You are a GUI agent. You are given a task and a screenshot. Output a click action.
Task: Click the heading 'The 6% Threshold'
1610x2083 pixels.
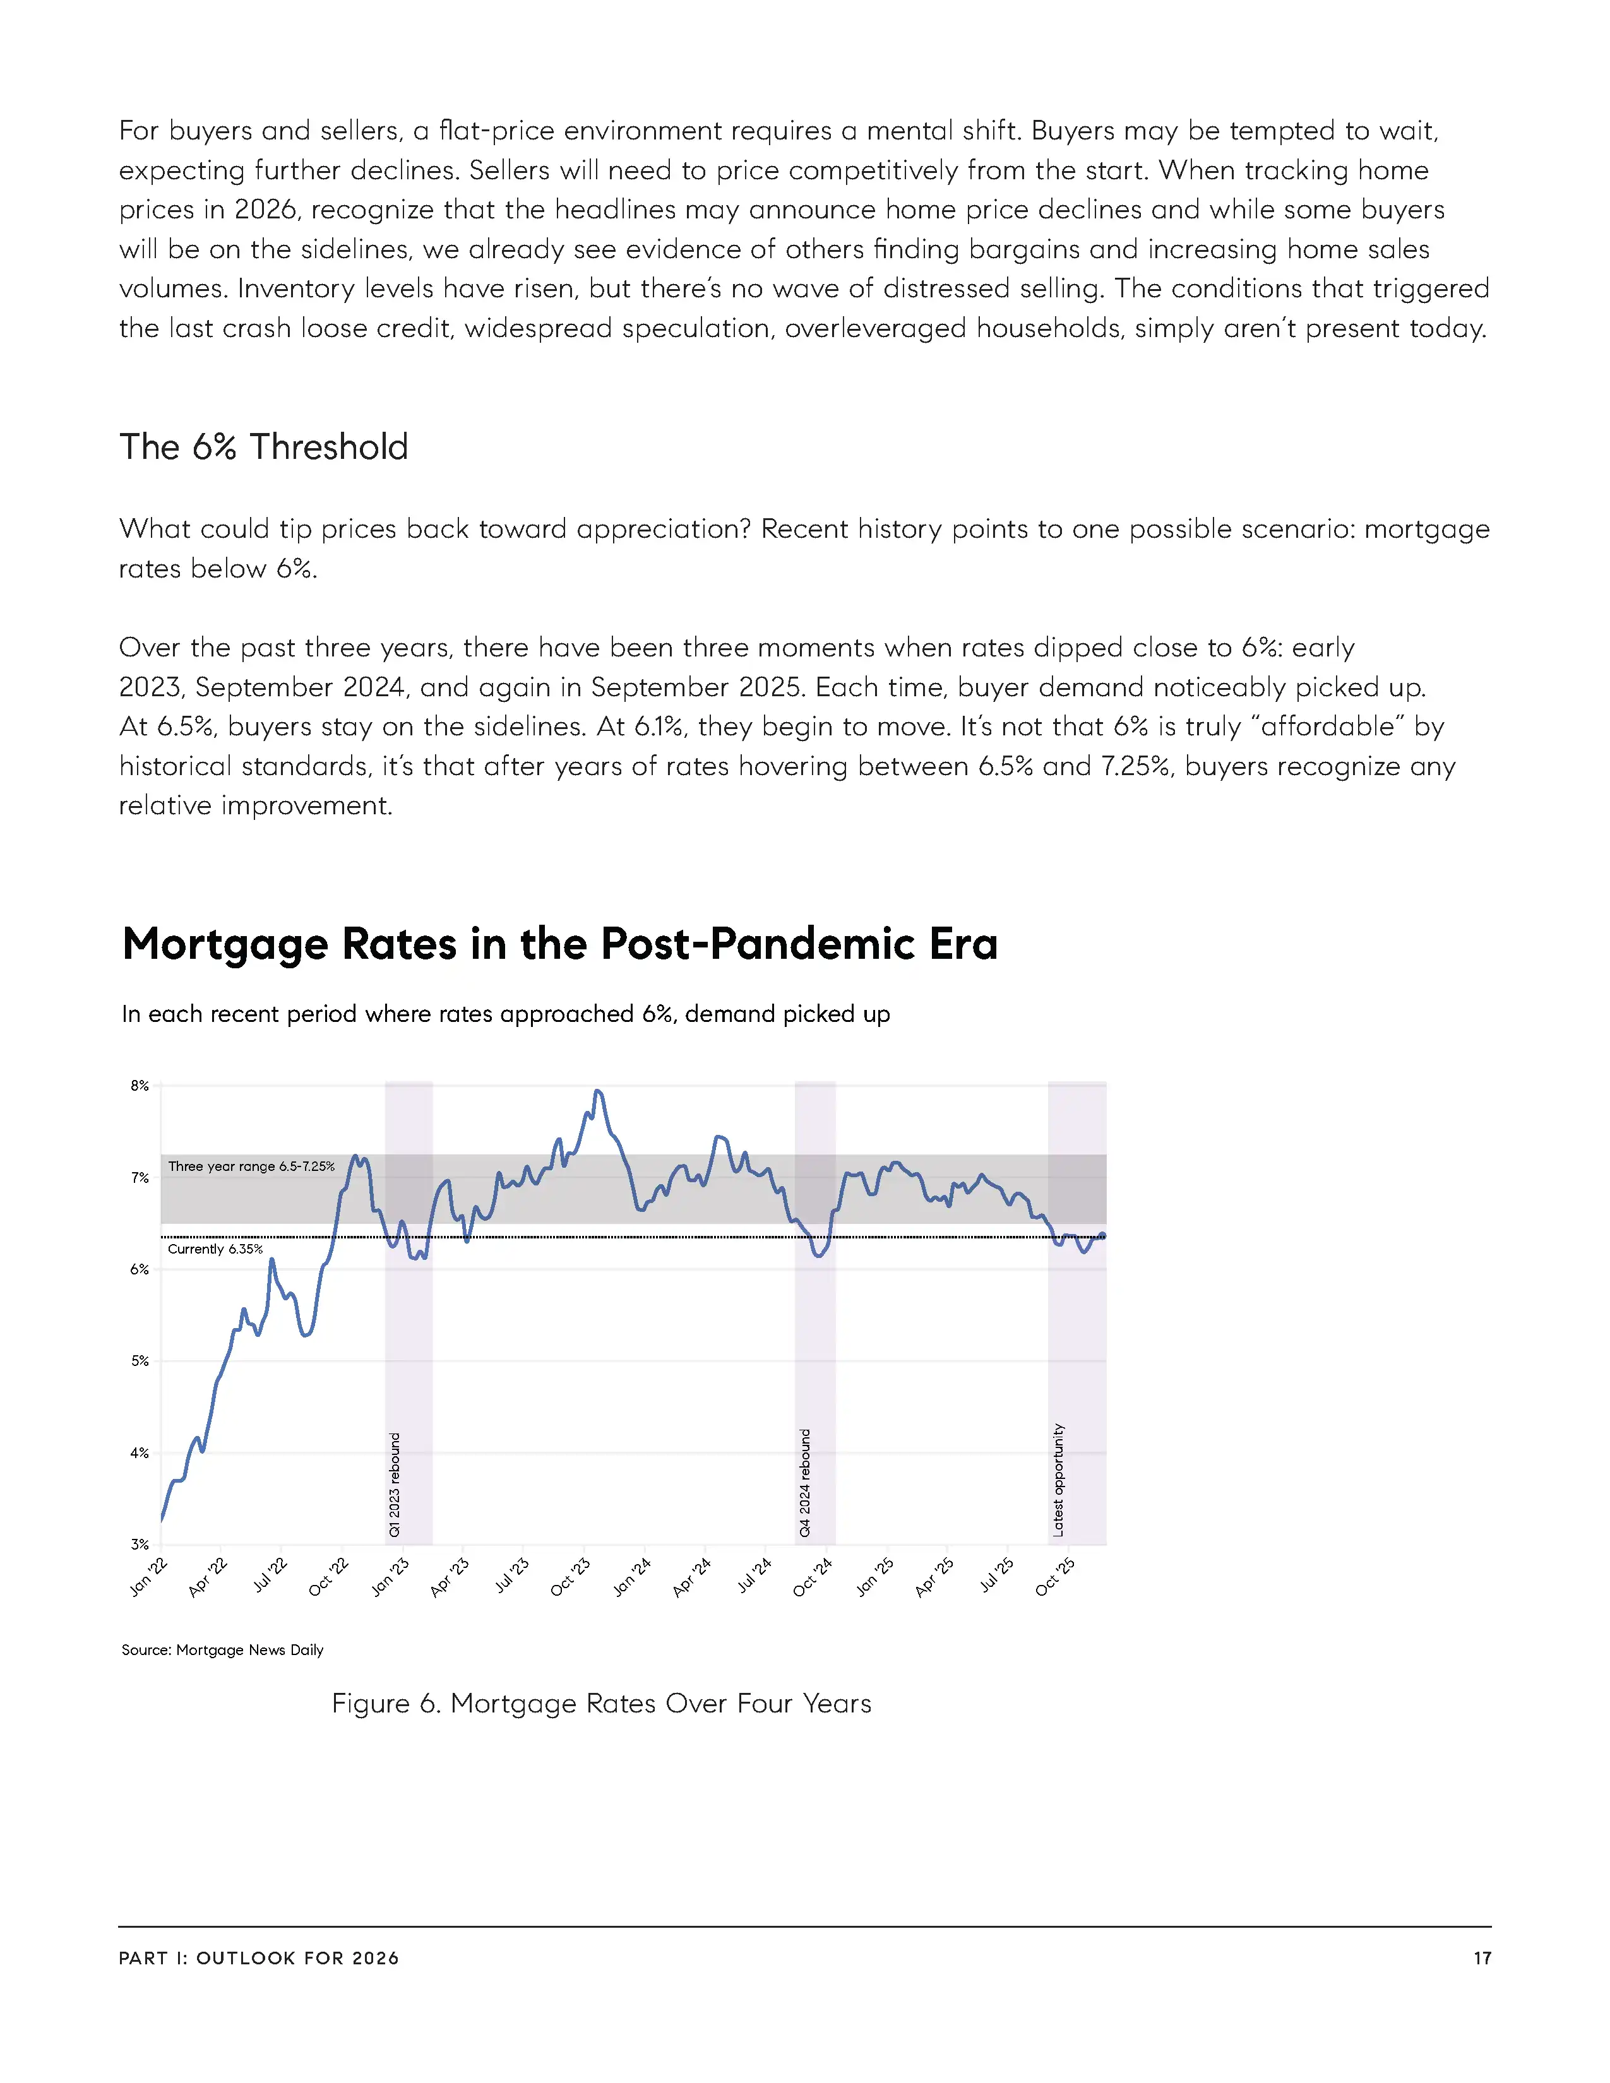[x=263, y=448]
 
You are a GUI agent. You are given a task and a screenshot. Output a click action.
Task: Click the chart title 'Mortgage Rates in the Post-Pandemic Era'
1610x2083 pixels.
[x=560, y=944]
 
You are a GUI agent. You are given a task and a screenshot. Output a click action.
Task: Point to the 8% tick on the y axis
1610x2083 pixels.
[x=140, y=1086]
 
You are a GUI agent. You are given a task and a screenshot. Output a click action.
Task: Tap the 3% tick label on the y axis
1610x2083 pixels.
[x=140, y=1544]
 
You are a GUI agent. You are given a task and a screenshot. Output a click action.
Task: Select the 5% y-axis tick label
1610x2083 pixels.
[x=140, y=1361]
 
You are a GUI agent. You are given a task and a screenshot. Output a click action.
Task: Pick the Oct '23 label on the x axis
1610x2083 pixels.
[x=570, y=1577]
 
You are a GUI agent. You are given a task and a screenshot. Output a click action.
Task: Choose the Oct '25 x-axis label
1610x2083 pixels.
[x=1055, y=1577]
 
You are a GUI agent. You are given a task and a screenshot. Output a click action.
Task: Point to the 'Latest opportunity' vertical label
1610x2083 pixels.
[x=1058, y=1480]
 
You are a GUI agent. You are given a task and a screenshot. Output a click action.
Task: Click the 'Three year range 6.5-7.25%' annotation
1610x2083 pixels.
[x=252, y=1166]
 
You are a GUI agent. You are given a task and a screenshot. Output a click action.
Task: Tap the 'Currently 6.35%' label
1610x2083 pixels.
[x=215, y=1249]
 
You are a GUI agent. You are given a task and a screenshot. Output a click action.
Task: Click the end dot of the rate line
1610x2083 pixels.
[x=1102, y=1236]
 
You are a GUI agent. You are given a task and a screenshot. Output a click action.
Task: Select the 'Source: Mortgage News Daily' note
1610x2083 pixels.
[x=222, y=1650]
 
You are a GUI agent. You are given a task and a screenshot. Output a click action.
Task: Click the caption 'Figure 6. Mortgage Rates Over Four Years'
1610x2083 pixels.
[x=602, y=1704]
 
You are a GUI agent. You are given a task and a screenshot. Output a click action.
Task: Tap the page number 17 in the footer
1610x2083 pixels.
[x=1482, y=1958]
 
